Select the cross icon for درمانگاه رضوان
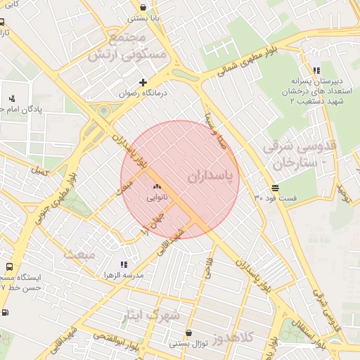tap(143, 82)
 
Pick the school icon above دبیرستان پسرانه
tap(316, 70)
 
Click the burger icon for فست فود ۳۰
tap(274, 188)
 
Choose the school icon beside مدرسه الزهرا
tap(124, 265)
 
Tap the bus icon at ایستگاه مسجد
tap(8, 267)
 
